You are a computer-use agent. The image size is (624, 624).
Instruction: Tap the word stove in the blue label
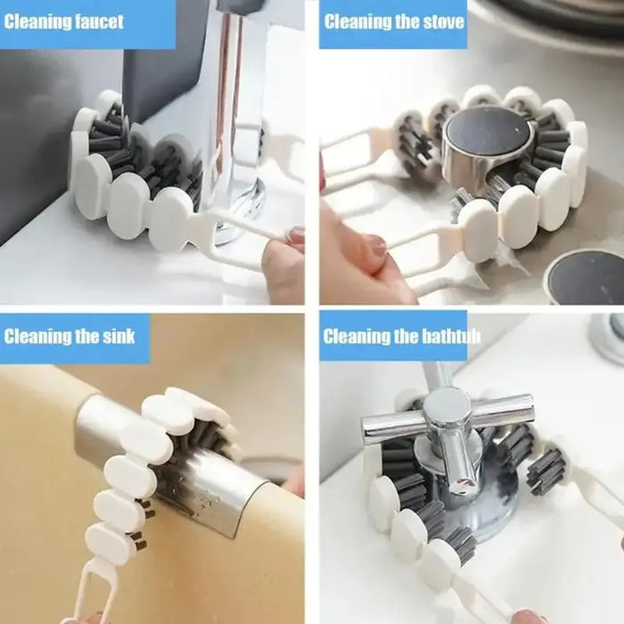point(435,21)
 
